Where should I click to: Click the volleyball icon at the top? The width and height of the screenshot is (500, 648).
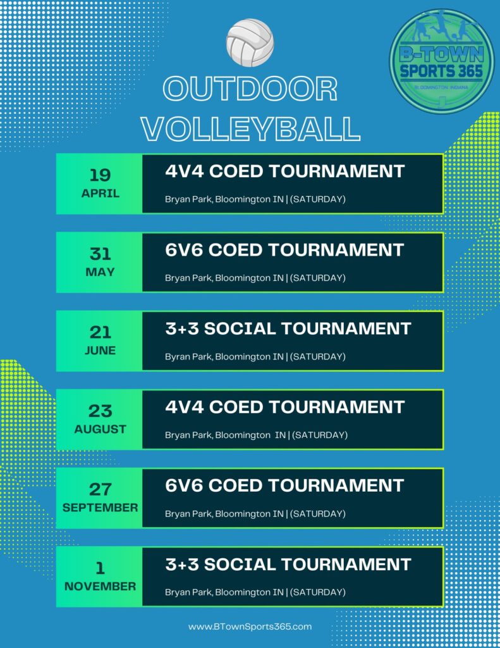point(250,42)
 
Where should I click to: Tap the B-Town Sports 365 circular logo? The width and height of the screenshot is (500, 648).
point(441,61)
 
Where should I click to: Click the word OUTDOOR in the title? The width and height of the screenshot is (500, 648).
point(250,89)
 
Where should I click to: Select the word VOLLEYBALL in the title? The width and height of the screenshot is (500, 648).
point(250,128)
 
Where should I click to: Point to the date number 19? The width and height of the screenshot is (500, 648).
point(100,175)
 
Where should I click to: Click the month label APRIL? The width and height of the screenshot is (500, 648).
point(100,193)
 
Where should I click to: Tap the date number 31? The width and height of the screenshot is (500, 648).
point(100,253)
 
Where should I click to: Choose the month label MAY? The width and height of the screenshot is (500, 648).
point(100,272)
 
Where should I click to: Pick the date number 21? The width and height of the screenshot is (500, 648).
point(100,332)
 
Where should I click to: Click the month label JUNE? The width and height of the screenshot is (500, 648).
point(100,351)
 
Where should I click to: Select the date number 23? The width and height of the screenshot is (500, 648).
point(100,411)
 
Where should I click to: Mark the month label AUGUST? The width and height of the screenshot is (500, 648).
point(100,429)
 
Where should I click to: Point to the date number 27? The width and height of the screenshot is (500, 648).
point(100,489)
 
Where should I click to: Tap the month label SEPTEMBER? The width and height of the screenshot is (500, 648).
point(100,508)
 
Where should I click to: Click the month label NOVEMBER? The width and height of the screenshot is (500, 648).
point(100,586)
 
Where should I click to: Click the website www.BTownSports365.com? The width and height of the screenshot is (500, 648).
point(250,626)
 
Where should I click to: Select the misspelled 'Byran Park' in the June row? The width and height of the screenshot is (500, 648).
point(188,357)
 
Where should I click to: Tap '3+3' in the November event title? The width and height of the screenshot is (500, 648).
point(182,564)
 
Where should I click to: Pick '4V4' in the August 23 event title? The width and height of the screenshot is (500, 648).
point(185,407)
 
